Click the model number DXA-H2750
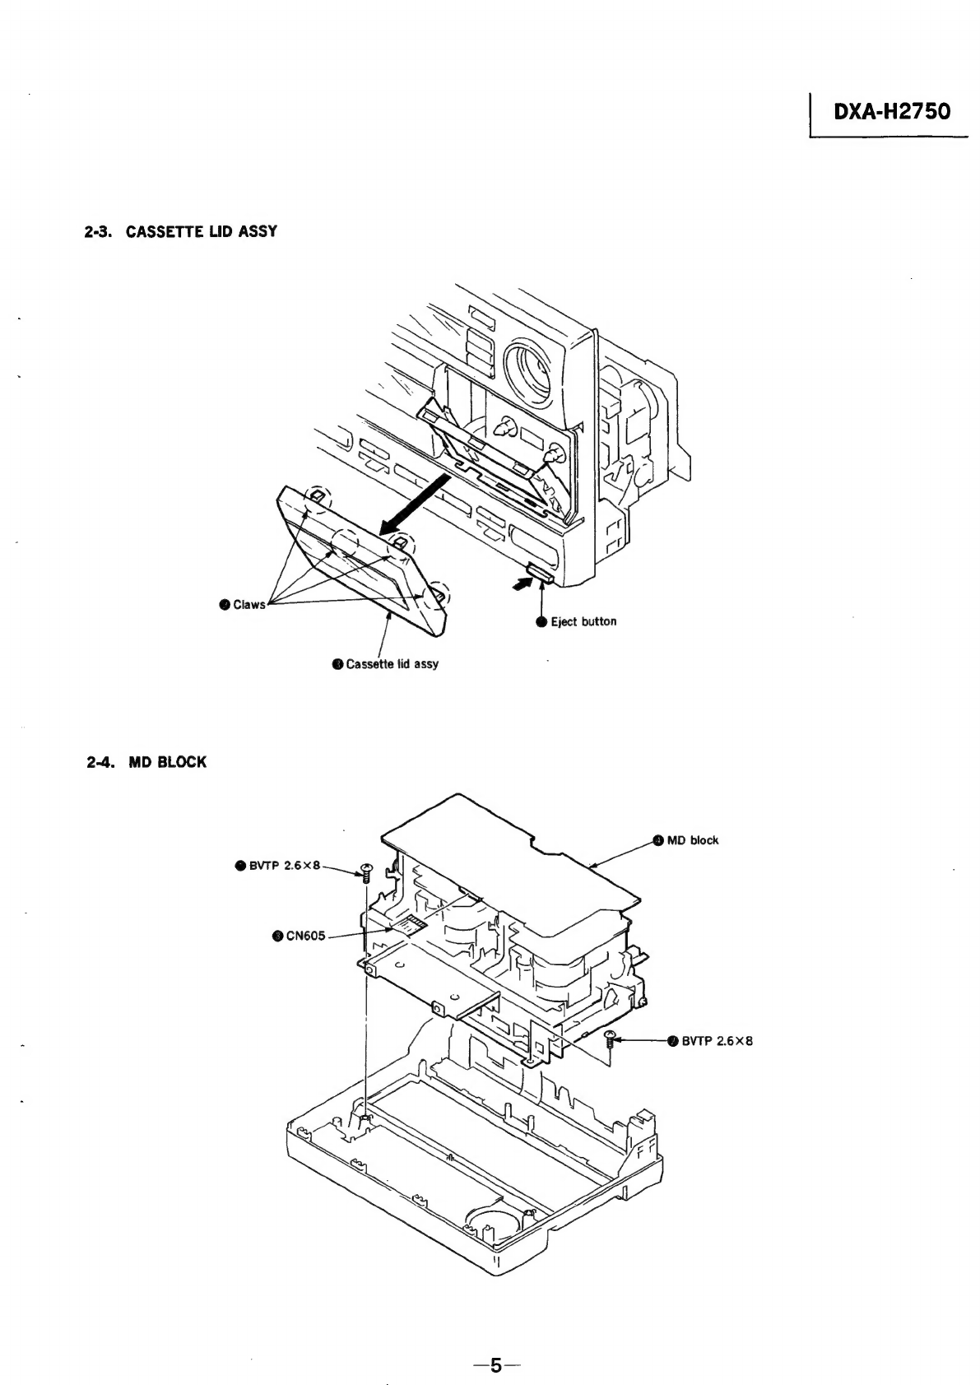pos(892,111)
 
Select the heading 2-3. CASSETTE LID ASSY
pos(181,231)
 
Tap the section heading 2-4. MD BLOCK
pos(146,762)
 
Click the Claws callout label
pos(248,605)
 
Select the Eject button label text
pos(583,621)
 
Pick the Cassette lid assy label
pos(392,664)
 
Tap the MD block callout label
pos(692,840)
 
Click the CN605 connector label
pos(305,936)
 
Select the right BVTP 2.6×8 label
pos(717,1041)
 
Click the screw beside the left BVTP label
pos(365,872)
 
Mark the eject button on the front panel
pos(541,573)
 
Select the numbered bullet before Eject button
pos(541,621)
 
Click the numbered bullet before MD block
pos(658,840)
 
